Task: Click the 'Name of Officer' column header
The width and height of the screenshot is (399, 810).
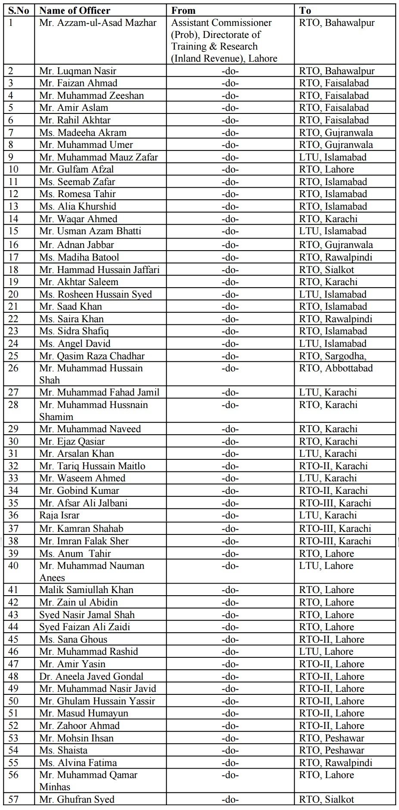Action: [x=75, y=10]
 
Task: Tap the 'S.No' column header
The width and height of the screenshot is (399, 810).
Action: [x=19, y=10]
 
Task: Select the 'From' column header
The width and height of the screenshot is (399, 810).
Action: [x=183, y=10]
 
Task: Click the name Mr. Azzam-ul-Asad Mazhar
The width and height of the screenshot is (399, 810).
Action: [x=98, y=23]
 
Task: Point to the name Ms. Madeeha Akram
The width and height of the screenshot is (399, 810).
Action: [x=83, y=132]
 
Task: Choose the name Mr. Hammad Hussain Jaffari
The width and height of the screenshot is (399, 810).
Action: [x=99, y=270]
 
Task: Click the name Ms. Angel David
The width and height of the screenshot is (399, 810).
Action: [x=75, y=343]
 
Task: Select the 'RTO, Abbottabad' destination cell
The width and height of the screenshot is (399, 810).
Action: [x=336, y=368]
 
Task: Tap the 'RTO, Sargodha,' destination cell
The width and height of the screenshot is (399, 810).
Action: [x=332, y=356]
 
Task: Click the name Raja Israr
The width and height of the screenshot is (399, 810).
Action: [x=59, y=515]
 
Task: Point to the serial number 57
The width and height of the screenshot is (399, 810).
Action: [x=13, y=799]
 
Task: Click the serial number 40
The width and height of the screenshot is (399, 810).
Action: [x=13, y=565]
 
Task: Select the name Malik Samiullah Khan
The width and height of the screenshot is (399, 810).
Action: [x=86, y=590]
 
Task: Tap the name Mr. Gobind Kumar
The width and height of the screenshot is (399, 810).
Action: [x=79, y=490]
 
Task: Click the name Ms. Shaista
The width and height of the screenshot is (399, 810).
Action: [x=63, y=750]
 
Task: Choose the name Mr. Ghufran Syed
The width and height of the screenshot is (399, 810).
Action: [x=77, y=799]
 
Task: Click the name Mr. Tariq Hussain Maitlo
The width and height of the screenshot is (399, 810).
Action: [x=92, y=466]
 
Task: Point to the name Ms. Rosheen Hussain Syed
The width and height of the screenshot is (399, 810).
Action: [x=95, y=294]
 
